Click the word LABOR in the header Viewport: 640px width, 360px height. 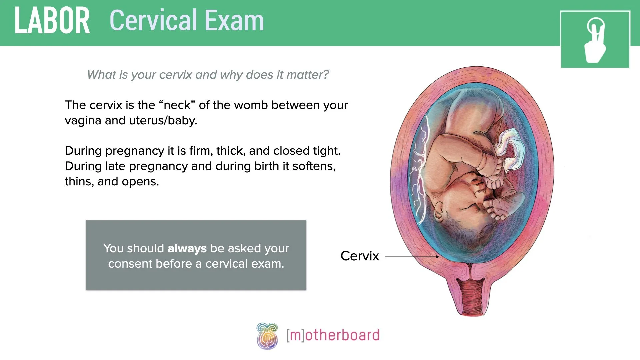52,21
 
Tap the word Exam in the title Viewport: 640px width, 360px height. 234,21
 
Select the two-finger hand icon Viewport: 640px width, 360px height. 595,40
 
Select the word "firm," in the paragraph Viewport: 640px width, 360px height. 201,151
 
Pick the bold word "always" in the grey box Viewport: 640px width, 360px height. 187,248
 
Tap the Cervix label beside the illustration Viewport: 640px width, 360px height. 360,256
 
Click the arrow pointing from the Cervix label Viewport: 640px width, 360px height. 412,257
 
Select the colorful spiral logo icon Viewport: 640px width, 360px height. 267,336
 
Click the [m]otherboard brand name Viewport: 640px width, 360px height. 333,335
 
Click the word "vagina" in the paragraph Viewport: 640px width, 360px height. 83,120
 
